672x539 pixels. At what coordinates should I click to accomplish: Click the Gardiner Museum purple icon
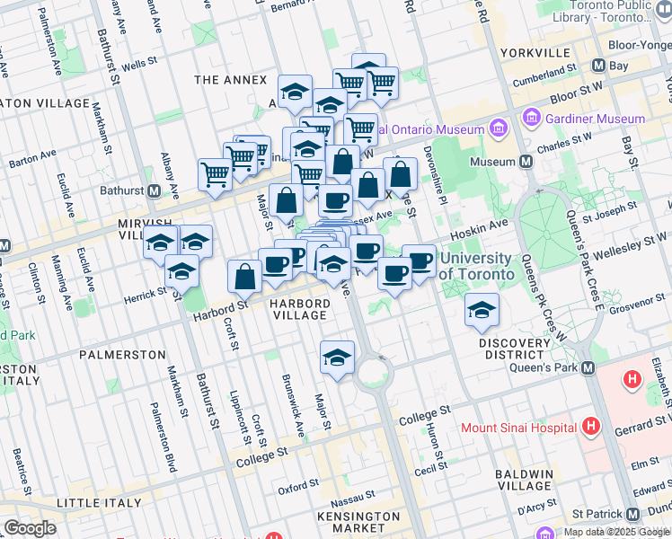(x=531, y=119)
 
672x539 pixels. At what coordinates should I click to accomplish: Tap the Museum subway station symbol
(x=526, y=162)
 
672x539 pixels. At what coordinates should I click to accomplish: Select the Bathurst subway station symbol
(x=154, y=190)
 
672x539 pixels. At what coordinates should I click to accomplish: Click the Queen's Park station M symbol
(x=588, y=368)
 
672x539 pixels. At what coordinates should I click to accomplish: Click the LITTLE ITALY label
(x=98, y=502)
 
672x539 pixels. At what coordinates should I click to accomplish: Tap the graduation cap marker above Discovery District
(x=482, y=311)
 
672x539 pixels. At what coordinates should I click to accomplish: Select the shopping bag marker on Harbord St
(x=244, y=278)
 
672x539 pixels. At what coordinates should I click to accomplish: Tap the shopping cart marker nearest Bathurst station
(x=215, y=174)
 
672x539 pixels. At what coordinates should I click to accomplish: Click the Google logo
(x=30, y=528)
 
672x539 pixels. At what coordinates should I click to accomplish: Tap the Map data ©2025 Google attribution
(x=616, y=532)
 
